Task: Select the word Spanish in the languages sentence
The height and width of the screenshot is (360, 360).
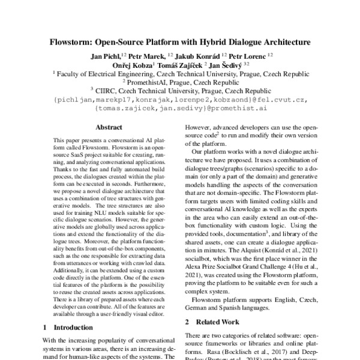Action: [x=237, y=307]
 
